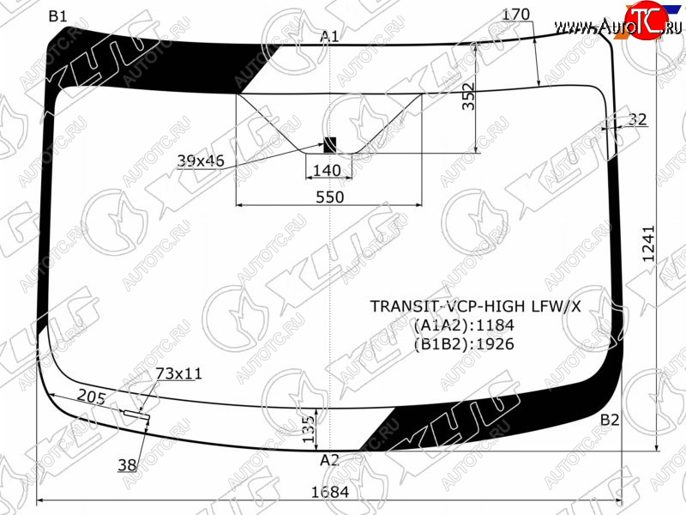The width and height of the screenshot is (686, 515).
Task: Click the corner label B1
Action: tap(57, 16)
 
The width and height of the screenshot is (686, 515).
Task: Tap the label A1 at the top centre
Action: tap(329, 36)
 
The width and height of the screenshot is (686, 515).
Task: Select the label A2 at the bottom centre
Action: tap(329, 460)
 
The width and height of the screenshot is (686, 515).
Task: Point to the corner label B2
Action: tap(610, 420)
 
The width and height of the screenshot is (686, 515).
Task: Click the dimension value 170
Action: tap(516, 15)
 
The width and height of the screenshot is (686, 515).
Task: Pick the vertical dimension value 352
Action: tap(468, 96)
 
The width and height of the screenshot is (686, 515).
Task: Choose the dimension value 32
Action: tap(637, 119)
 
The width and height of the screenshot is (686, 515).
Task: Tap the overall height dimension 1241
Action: tap(648, 244)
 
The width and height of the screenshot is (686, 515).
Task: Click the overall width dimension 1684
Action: tap(330, 492)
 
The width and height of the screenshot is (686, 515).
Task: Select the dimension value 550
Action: tap(330, 197)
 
